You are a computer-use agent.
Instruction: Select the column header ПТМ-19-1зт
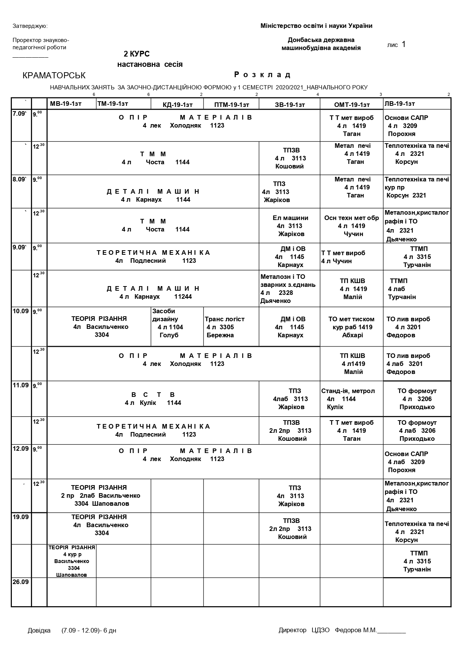[231, 105]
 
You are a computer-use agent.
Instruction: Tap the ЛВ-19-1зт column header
[400, 104]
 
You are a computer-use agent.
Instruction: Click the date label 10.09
[21, 311]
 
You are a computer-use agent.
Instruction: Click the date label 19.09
[21, 517]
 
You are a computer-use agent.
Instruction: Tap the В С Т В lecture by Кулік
[153, 398]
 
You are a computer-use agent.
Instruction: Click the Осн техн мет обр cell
[351, 226]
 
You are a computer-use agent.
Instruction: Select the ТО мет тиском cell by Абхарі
[351, 327]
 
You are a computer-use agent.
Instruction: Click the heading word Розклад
[262, 74]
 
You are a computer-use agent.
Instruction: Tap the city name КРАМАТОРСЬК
[54, 76]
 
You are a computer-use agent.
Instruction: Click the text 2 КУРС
[136, 54]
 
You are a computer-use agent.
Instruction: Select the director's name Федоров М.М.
[356, 630]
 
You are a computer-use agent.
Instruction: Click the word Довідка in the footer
[39, 630]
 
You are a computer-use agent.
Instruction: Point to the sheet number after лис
[404, 44]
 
